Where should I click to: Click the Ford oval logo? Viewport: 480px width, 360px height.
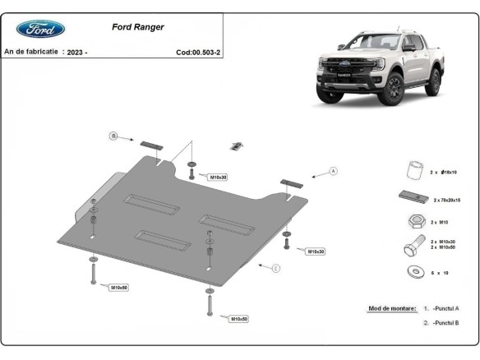[41, 29]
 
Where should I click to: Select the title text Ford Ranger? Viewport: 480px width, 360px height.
[137, 26]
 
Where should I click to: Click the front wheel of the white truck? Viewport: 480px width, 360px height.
[390, 91]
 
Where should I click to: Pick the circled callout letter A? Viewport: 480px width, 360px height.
[334, 171]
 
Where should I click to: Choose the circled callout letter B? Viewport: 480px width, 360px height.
[114, 136]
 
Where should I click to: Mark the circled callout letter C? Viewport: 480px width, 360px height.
[276, 268]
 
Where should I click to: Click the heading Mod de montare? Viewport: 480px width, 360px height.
[391, 307]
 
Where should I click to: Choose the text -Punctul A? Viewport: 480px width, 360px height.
[445, 308]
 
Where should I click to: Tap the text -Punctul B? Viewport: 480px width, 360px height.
[445, 323]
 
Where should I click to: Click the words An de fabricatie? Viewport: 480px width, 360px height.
[31, 51]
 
